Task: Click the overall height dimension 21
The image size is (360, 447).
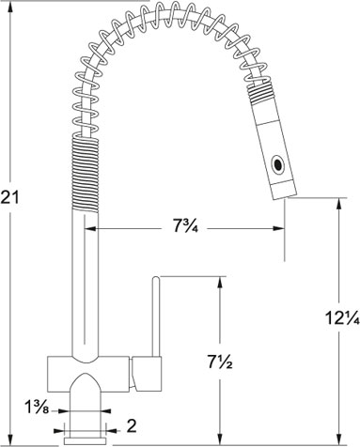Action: click(9, 197)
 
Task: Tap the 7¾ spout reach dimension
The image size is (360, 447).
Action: click(185, 226)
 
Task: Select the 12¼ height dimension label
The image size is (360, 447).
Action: click(342, 318)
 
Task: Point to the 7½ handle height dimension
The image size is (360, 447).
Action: click(219, 362)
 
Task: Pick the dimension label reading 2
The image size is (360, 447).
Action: click(132, 426)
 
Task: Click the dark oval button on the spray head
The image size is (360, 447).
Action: click(277, 164)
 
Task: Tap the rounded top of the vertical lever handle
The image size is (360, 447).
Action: click(156, 278)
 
